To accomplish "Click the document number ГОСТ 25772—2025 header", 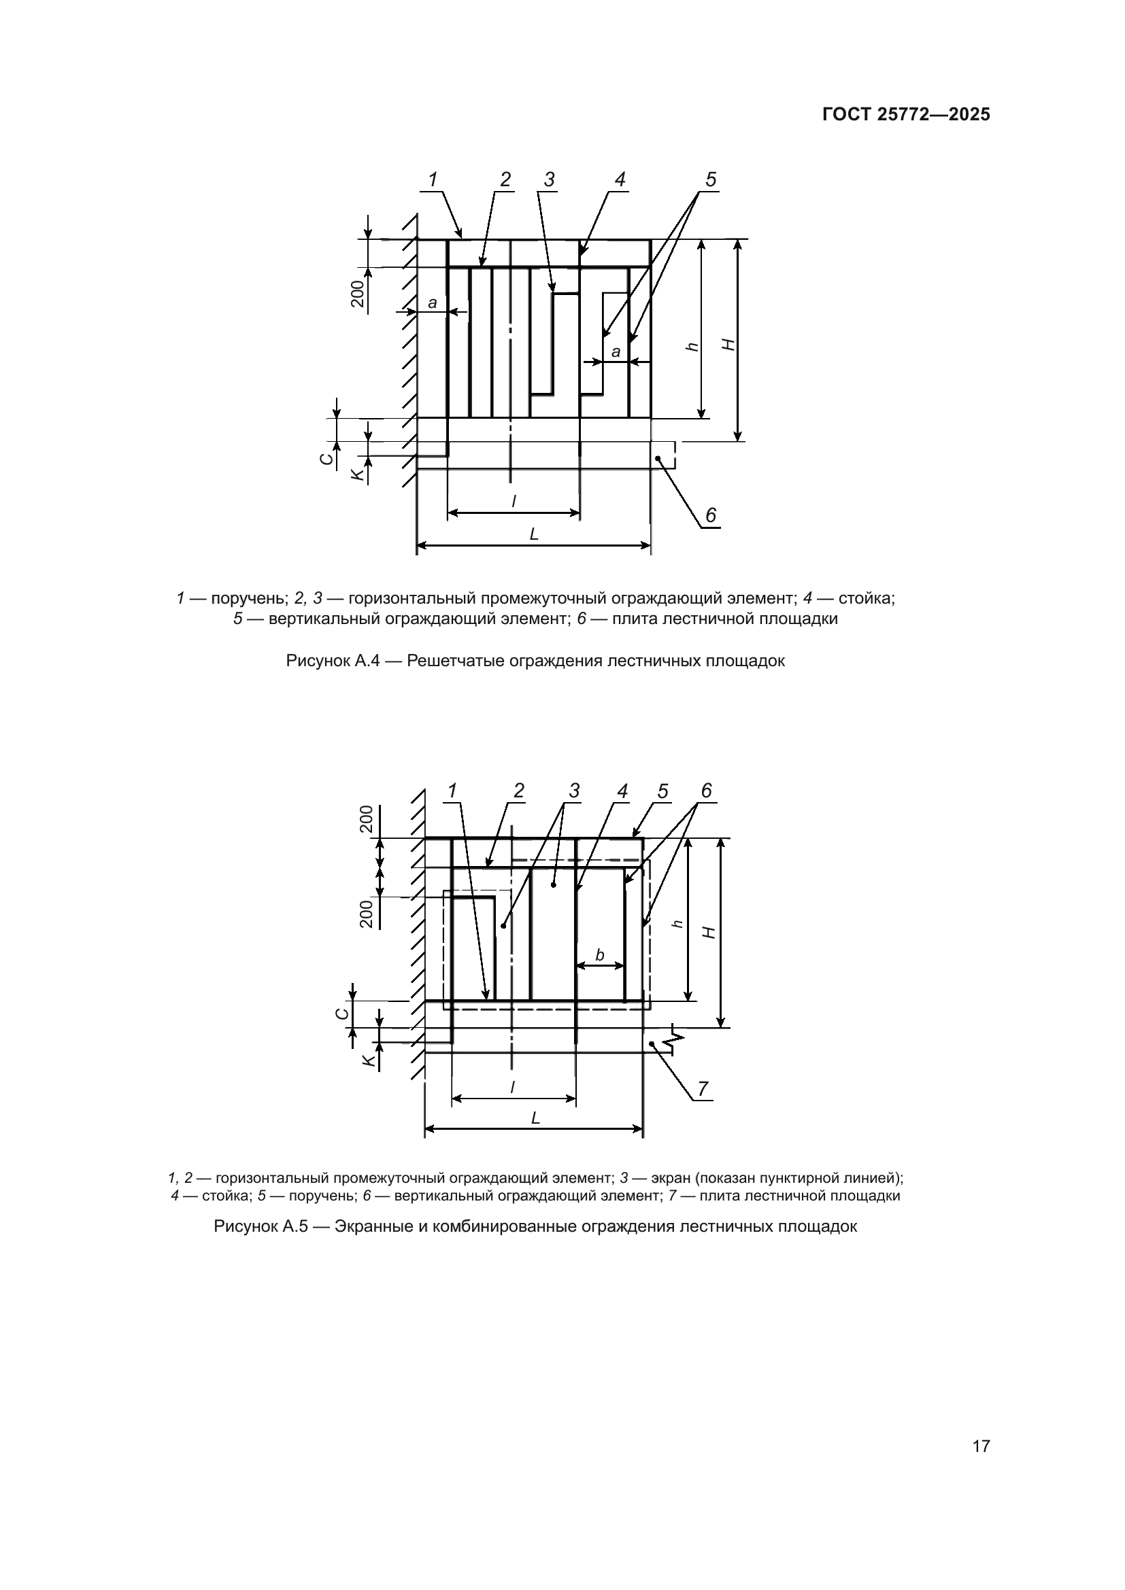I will pos(906,115).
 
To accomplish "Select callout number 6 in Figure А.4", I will pos(711,515).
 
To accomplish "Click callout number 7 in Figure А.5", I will pos(703,1088).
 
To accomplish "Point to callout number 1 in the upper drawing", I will pos(433,180).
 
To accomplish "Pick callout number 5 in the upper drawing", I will pos(711,180).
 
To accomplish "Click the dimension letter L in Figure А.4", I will pos(534,534).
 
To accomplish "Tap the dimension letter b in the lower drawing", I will pos(600,955).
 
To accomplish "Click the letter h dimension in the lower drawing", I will pos(678,923).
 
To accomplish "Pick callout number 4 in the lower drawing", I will pos(622,791).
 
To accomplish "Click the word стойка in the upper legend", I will pos(859,598).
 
